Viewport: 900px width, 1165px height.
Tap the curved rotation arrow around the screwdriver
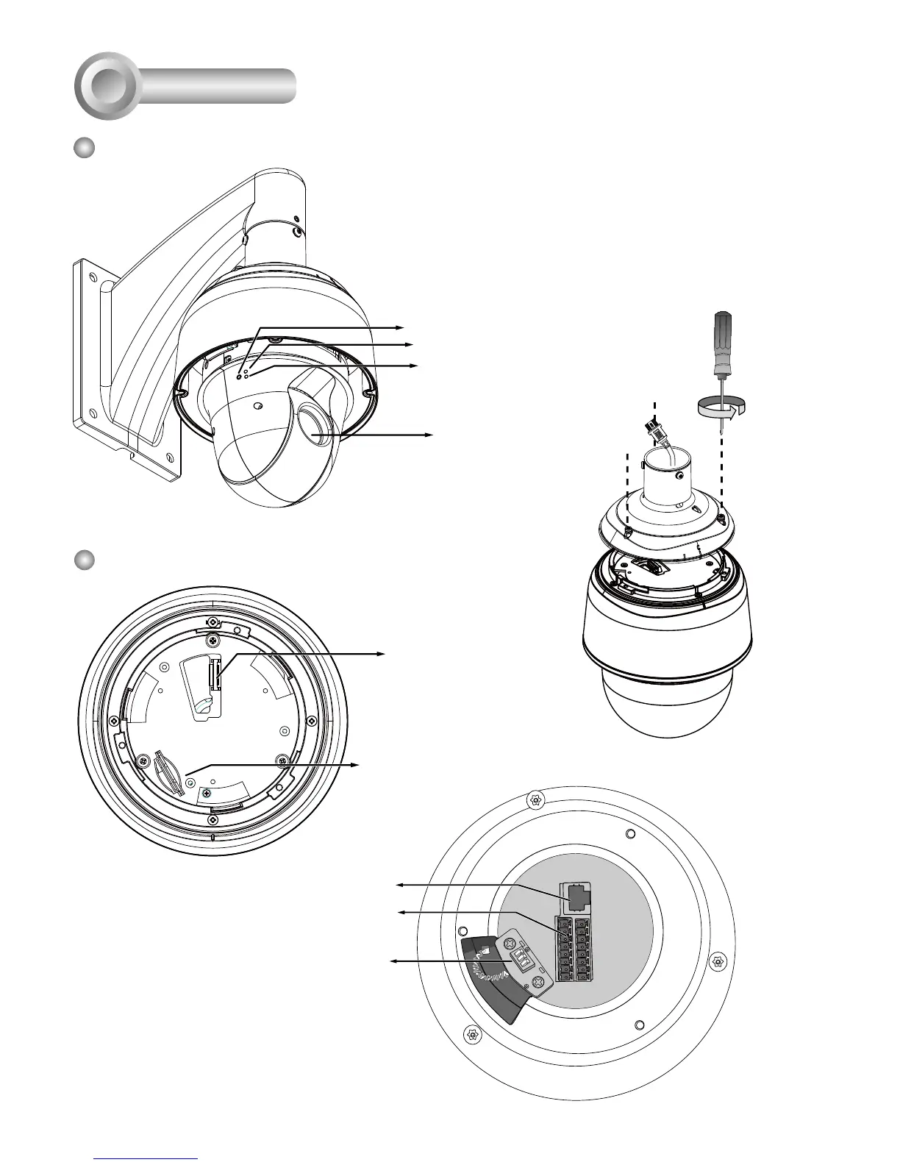[x=721, y=405]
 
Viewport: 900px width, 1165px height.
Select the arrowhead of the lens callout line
[x=431, y=435]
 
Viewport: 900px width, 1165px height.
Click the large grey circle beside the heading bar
[x=107, y=86]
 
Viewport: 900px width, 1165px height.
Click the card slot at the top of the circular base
[x=216, y=673]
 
